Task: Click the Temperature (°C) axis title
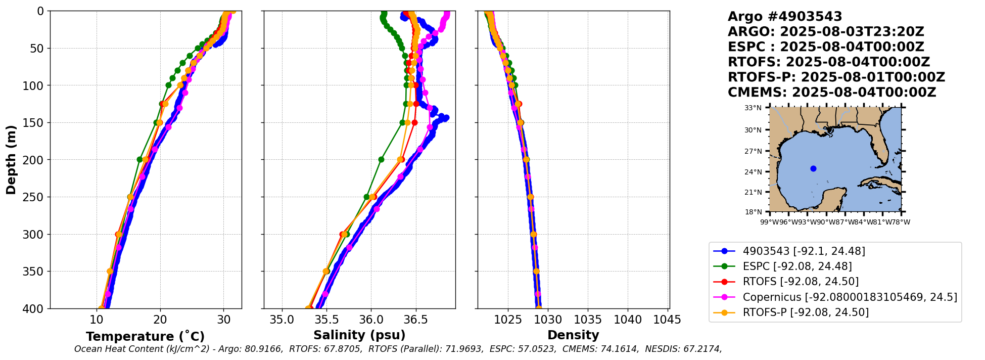(145, 336)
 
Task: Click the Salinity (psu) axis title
(359, 335)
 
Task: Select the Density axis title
(573, 335)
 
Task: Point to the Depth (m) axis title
(11, 159)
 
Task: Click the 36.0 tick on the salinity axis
(371, 320)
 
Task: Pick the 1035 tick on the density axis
(588, 320)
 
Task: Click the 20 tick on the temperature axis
(160, 320)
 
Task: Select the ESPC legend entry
(797, 266)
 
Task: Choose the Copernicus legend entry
(850, 297)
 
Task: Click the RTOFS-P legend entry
(806, 312)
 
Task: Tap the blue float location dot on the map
(813, 168)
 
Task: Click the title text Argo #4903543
(785, 17)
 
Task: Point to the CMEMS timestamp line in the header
(832, 93)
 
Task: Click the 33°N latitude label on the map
(753, 108)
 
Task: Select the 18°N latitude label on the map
(753, 212)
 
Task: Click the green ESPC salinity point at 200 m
(381, 159)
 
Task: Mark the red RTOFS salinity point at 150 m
(414, 122)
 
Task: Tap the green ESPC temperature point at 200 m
(140, 159)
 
